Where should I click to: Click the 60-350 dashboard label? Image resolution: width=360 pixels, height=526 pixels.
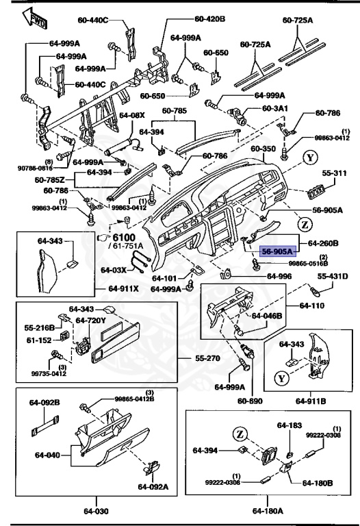pyautogui.click(x=263, y=148)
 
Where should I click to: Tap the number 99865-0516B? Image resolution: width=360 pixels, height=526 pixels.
pyautogui.click(x=309, y=263)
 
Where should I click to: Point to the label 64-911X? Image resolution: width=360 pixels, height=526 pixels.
pyautogui.click(x=125, y=288)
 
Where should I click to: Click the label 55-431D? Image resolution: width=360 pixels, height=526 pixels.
pyautogui.click(x=333, y=276)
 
